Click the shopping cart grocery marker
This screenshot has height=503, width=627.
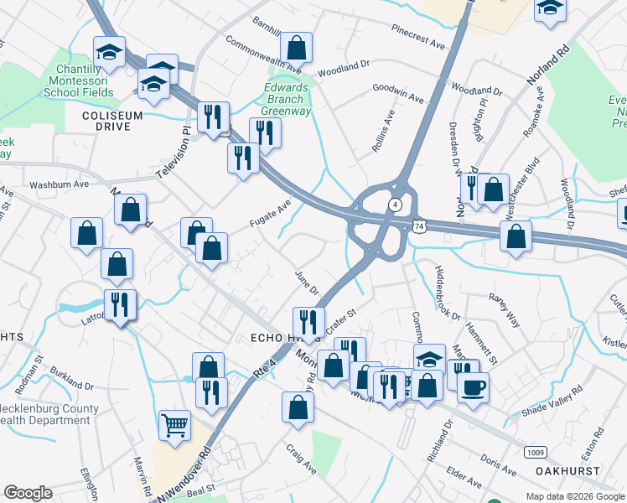pos(174,426)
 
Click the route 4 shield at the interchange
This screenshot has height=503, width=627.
pos(393,205)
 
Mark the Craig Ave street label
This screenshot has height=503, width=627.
pos(301,459)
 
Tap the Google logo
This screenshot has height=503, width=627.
pos(28,493)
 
